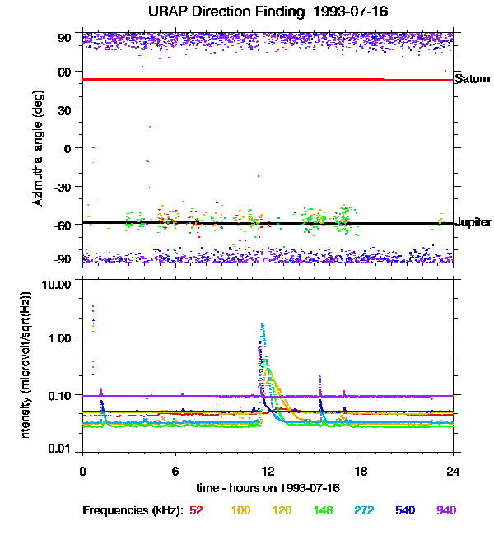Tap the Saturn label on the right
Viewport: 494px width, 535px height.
[473, 79]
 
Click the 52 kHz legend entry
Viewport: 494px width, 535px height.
[196, 510]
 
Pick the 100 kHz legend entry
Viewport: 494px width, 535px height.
[240, 510]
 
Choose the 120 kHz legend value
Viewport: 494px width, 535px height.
[282, 510]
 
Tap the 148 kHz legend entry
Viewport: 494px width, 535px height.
[324, 510]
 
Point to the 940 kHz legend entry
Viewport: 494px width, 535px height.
[446, 510]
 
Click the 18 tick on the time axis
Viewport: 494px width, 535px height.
[360, 472]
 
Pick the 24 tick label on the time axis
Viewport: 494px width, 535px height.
[453, 472]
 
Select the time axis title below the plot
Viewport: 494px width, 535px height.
[268, 488]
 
